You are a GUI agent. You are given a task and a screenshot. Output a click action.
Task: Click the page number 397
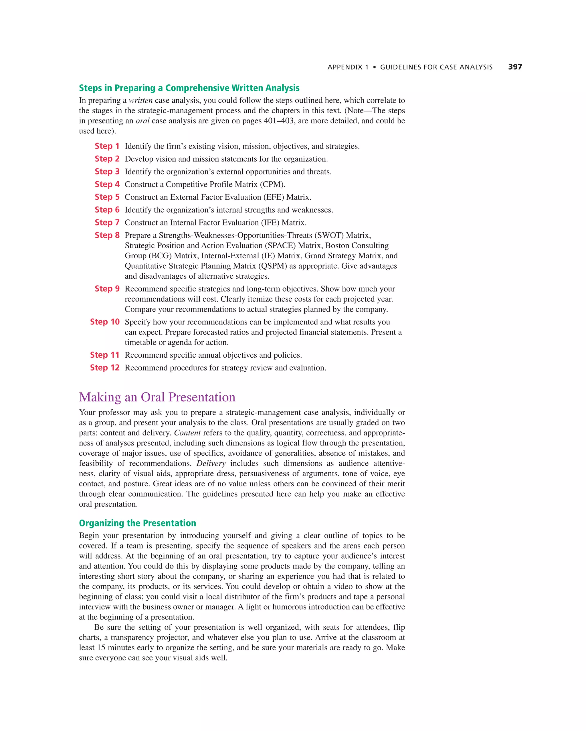(515, 67)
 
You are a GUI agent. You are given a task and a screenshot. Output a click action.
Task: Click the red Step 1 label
(107, 146)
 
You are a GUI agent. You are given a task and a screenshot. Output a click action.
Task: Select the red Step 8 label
(107, 235)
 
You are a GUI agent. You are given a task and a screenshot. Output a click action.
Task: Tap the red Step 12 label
(104, 368)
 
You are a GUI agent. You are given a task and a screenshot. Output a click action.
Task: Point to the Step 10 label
(104, 322)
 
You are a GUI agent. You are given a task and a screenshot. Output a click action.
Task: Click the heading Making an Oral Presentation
(157, 397)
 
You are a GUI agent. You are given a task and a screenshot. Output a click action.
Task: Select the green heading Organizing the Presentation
(137, 523)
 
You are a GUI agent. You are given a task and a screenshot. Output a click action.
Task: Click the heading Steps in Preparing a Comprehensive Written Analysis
(189, 88)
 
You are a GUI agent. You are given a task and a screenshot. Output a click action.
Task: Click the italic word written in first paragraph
(140, 100)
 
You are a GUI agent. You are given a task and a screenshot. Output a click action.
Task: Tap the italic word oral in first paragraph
(142, 121)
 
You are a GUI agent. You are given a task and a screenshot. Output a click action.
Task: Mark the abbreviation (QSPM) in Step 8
(271, 266)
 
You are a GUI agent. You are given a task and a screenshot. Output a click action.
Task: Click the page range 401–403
(278, 121)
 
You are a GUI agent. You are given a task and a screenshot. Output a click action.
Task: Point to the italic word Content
(187, 433)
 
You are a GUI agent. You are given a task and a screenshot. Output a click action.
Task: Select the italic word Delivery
(211, 463)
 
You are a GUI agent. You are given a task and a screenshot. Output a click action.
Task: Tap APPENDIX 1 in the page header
(348, 67)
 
